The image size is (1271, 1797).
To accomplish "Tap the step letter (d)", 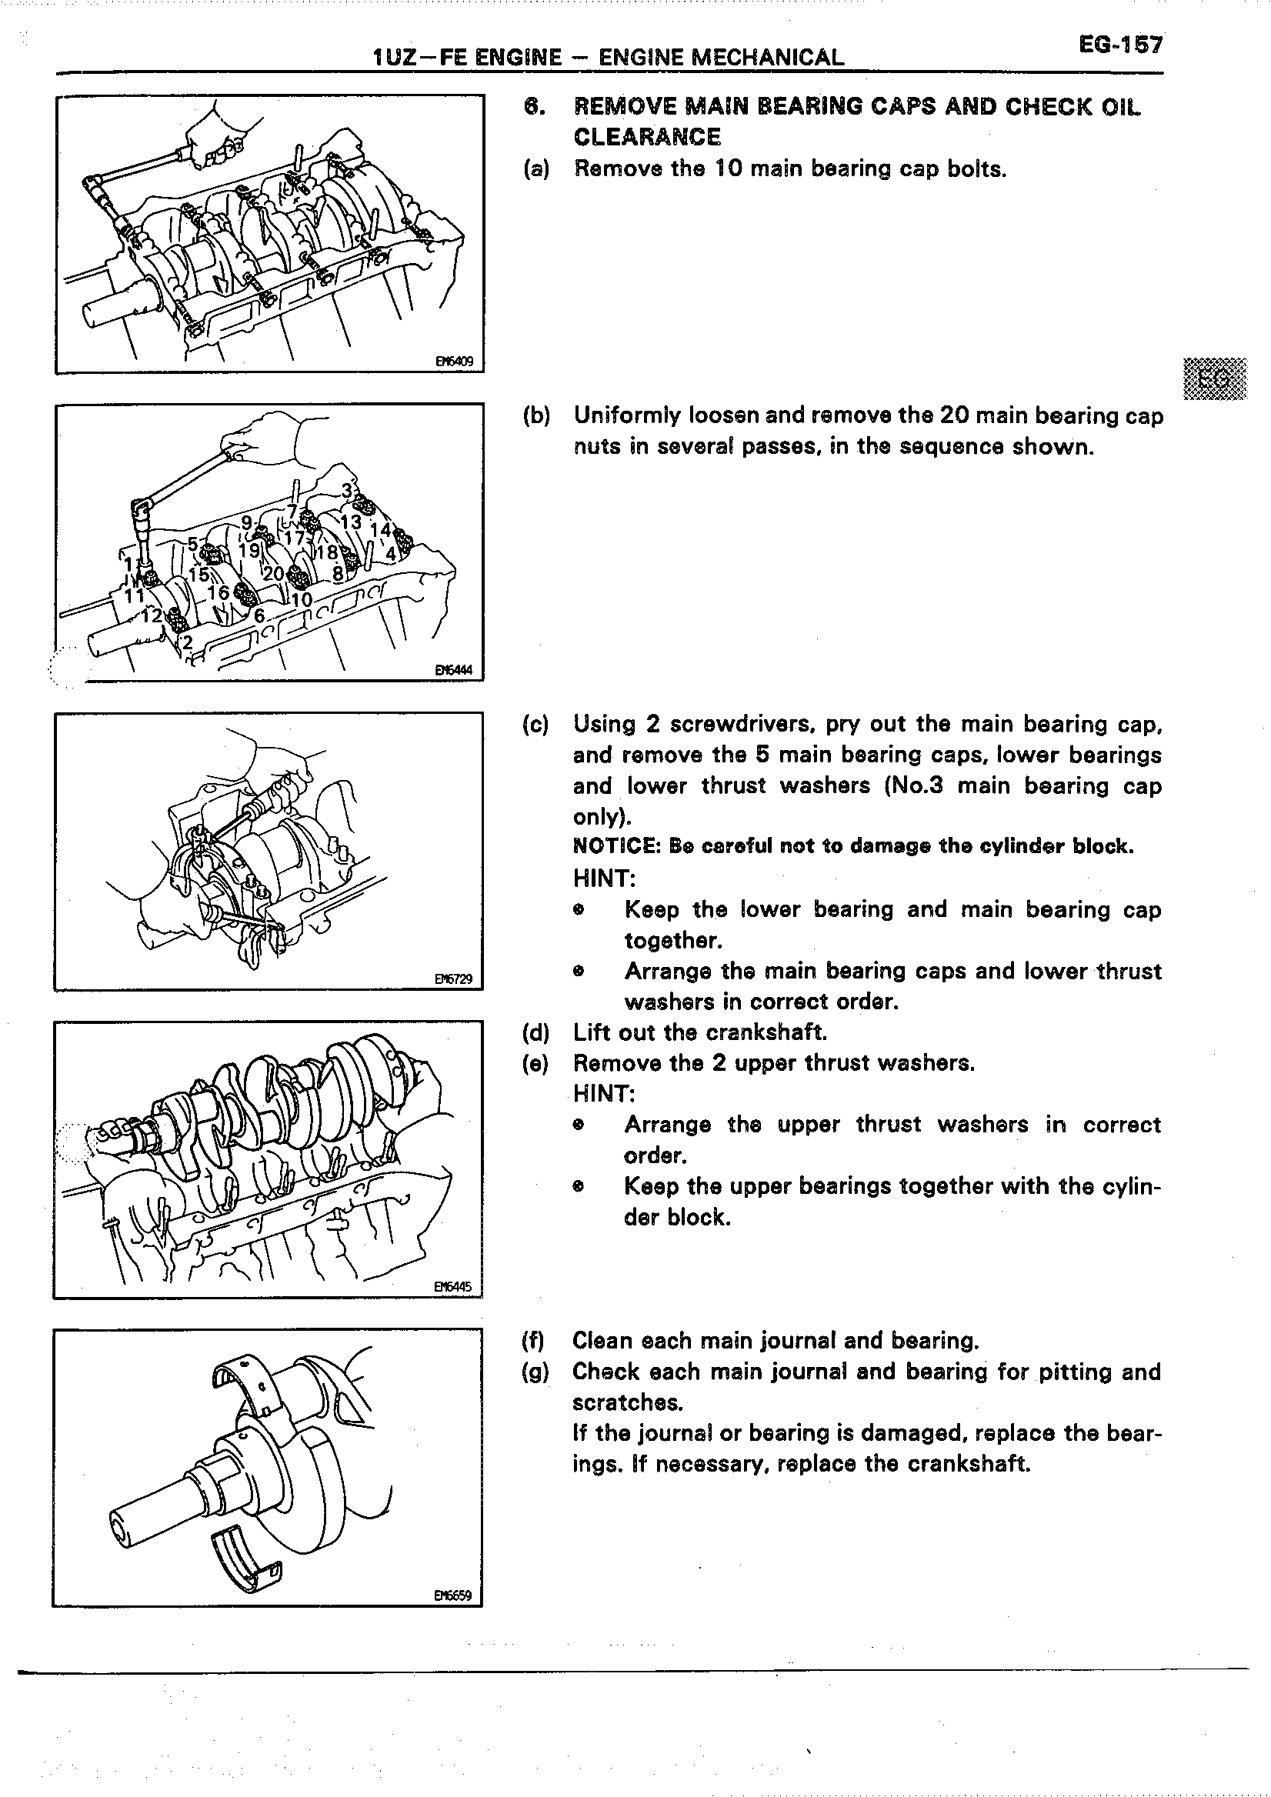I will point(535,1032).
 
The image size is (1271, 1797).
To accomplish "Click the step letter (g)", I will point(535,1372).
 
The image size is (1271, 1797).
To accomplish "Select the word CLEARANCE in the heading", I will point(646,137).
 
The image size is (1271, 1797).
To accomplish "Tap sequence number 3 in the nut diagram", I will point(346,491).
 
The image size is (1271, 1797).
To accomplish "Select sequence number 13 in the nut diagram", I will point(351,522).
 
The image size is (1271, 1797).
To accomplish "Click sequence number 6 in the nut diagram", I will point(259,616).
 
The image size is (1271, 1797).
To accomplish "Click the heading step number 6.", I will point(532,106).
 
